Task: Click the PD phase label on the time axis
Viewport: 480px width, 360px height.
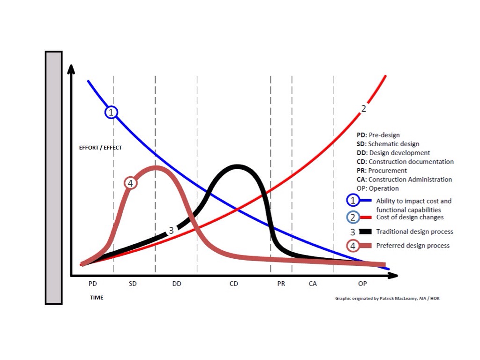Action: (92, 284)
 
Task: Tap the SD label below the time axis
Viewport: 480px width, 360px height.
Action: (133, 284)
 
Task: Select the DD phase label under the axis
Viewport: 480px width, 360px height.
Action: (177, 284)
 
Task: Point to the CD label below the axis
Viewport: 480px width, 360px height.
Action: (234, 284)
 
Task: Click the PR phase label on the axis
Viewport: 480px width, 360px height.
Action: (281, 284)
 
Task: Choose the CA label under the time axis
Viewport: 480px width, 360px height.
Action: (313, 284)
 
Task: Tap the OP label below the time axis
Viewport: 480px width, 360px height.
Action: (362, 284)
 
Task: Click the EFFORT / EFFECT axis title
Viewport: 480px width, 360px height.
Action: (100, 148)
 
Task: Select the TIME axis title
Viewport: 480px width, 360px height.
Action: (97, 298)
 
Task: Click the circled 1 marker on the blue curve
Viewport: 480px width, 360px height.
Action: (111, 112)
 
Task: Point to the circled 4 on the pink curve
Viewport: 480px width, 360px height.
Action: (130, 183)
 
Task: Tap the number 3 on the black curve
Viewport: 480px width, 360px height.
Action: (171, 230)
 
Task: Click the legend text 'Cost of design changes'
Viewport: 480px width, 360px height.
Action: (410, 217)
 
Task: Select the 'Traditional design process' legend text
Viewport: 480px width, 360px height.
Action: (414, 232)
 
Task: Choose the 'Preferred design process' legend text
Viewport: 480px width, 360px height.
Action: (412, 246)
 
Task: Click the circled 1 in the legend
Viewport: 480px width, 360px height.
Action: (353, 201)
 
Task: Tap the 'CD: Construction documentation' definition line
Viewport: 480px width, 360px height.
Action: (405, 162)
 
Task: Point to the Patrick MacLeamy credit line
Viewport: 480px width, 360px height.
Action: (387, 298)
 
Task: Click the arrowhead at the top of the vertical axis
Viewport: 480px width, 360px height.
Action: (71, 69)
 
